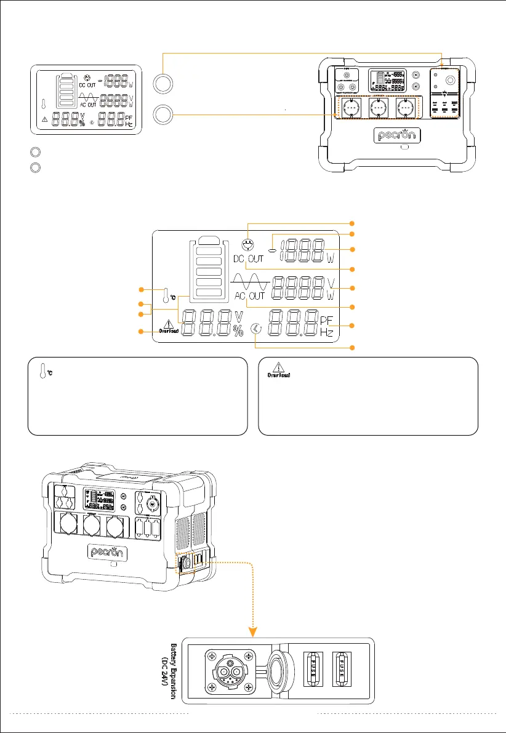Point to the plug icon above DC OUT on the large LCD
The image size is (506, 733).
pyautogui.click(x=249, y=244)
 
